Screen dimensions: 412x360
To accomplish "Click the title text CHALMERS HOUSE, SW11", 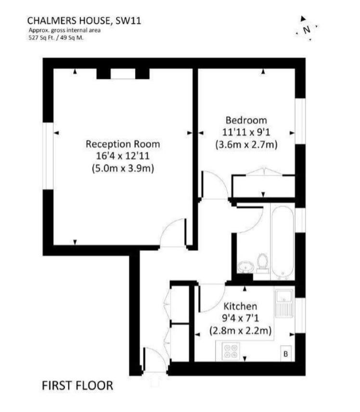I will click(84, 20).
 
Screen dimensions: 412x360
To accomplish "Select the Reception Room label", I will click(122, 144).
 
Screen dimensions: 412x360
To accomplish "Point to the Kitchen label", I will click(240, 306).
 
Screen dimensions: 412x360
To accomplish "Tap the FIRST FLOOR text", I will click(77, 385).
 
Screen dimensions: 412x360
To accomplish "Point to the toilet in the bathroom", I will click(263, 263).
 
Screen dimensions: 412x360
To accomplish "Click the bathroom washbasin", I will click(245, 267).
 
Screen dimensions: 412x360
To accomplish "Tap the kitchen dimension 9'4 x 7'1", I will click(240, 318).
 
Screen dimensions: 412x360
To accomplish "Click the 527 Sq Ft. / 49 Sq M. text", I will click(56, 39).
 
